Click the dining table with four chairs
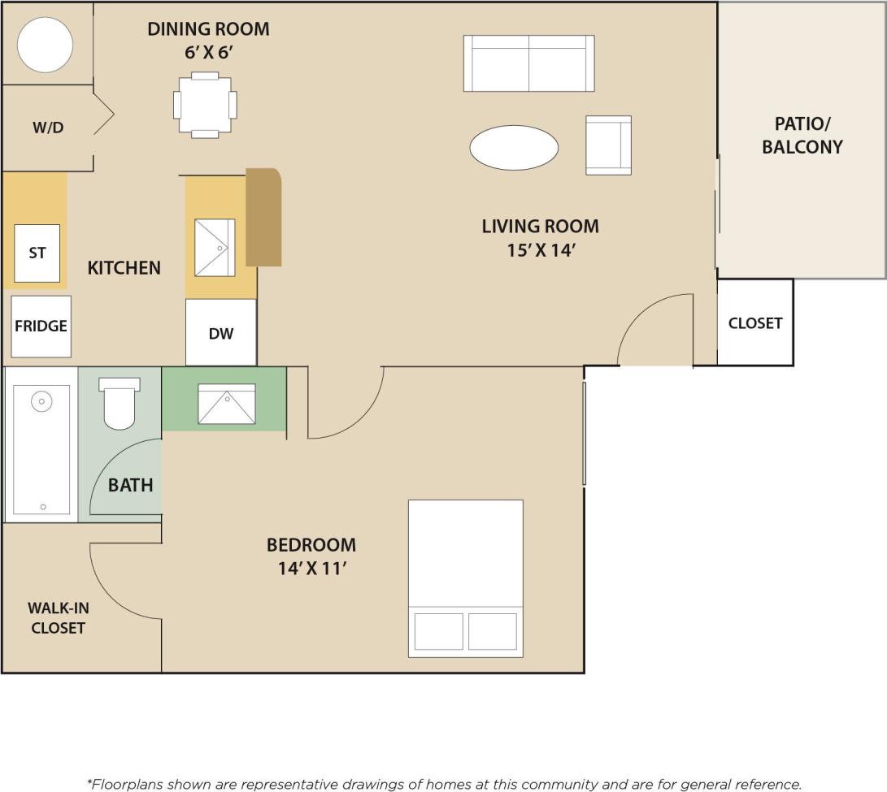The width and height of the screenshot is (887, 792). tap(205, 105)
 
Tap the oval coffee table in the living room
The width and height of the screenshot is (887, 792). tap(514, 148)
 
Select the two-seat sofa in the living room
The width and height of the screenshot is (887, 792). tap(528, 63)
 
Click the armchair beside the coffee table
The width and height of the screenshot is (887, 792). tap(608, 145)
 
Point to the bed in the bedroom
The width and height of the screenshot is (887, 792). tap(465, 578)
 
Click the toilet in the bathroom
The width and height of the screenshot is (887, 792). tap(119, 404)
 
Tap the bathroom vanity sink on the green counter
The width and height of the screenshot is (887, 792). tap(227, 404)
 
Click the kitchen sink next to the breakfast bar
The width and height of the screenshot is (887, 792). tap(215, 247)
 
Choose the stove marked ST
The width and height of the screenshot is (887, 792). tap(37, 253)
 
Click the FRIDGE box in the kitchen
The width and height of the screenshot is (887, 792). tap(41, 326)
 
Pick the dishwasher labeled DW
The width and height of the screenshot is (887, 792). tap(221, 333)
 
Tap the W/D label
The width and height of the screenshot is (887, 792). tap(48, 128)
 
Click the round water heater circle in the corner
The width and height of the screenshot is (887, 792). tap(46, 44)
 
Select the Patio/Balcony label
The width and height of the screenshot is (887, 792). tap(802, 136)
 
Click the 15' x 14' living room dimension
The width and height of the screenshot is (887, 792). tap(541, 251)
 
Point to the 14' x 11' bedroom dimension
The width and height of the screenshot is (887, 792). tap(312, 569)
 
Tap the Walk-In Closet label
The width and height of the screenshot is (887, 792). tap(57, 617)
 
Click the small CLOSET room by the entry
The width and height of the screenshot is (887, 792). tap(754, 322)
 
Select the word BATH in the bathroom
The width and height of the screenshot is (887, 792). tap(131, 485)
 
